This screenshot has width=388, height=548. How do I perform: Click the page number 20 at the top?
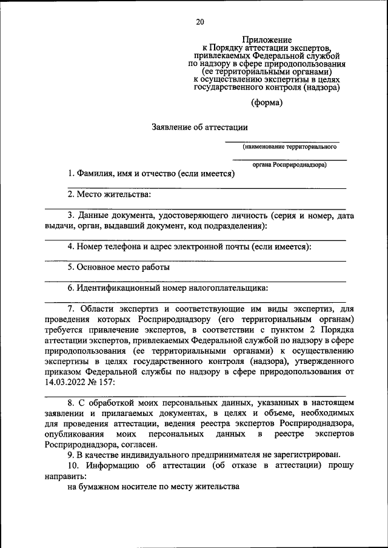tap(200, 22)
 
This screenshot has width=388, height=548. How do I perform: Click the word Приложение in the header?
tap(267, 39)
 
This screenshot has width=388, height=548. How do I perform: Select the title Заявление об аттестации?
tap(199, 127)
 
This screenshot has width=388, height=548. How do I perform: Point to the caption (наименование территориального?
tap(290, 147)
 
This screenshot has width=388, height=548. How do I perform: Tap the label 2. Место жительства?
tap(109, 194)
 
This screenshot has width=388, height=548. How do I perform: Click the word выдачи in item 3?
tap(58, 226)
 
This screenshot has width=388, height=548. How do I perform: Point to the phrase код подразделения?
tap(230, 226)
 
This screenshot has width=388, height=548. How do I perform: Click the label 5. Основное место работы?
tap(118, 267)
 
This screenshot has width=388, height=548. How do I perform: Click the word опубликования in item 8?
tap(74, 435)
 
